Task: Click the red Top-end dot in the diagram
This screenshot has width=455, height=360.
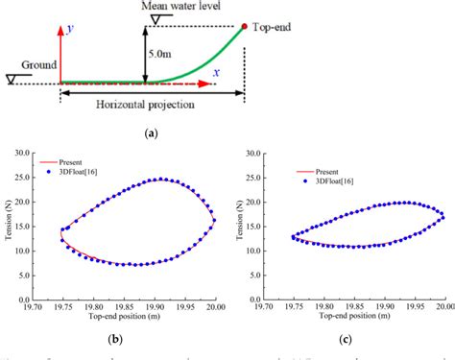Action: pos(244,27)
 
